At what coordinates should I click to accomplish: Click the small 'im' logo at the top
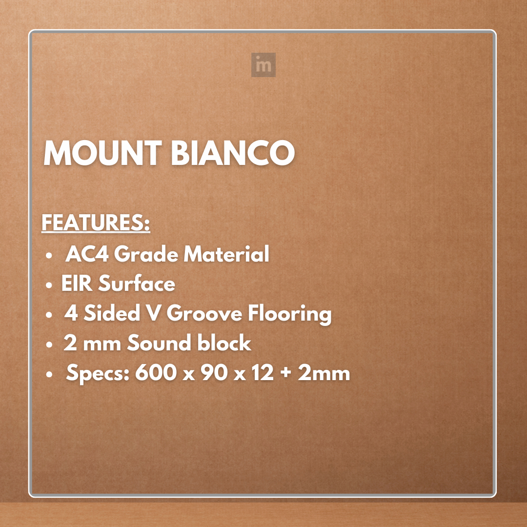263,65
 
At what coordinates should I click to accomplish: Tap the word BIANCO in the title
233,154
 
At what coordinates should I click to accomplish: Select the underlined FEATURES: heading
96,223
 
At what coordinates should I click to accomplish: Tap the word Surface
137,284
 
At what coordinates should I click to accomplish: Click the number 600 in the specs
152,373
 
